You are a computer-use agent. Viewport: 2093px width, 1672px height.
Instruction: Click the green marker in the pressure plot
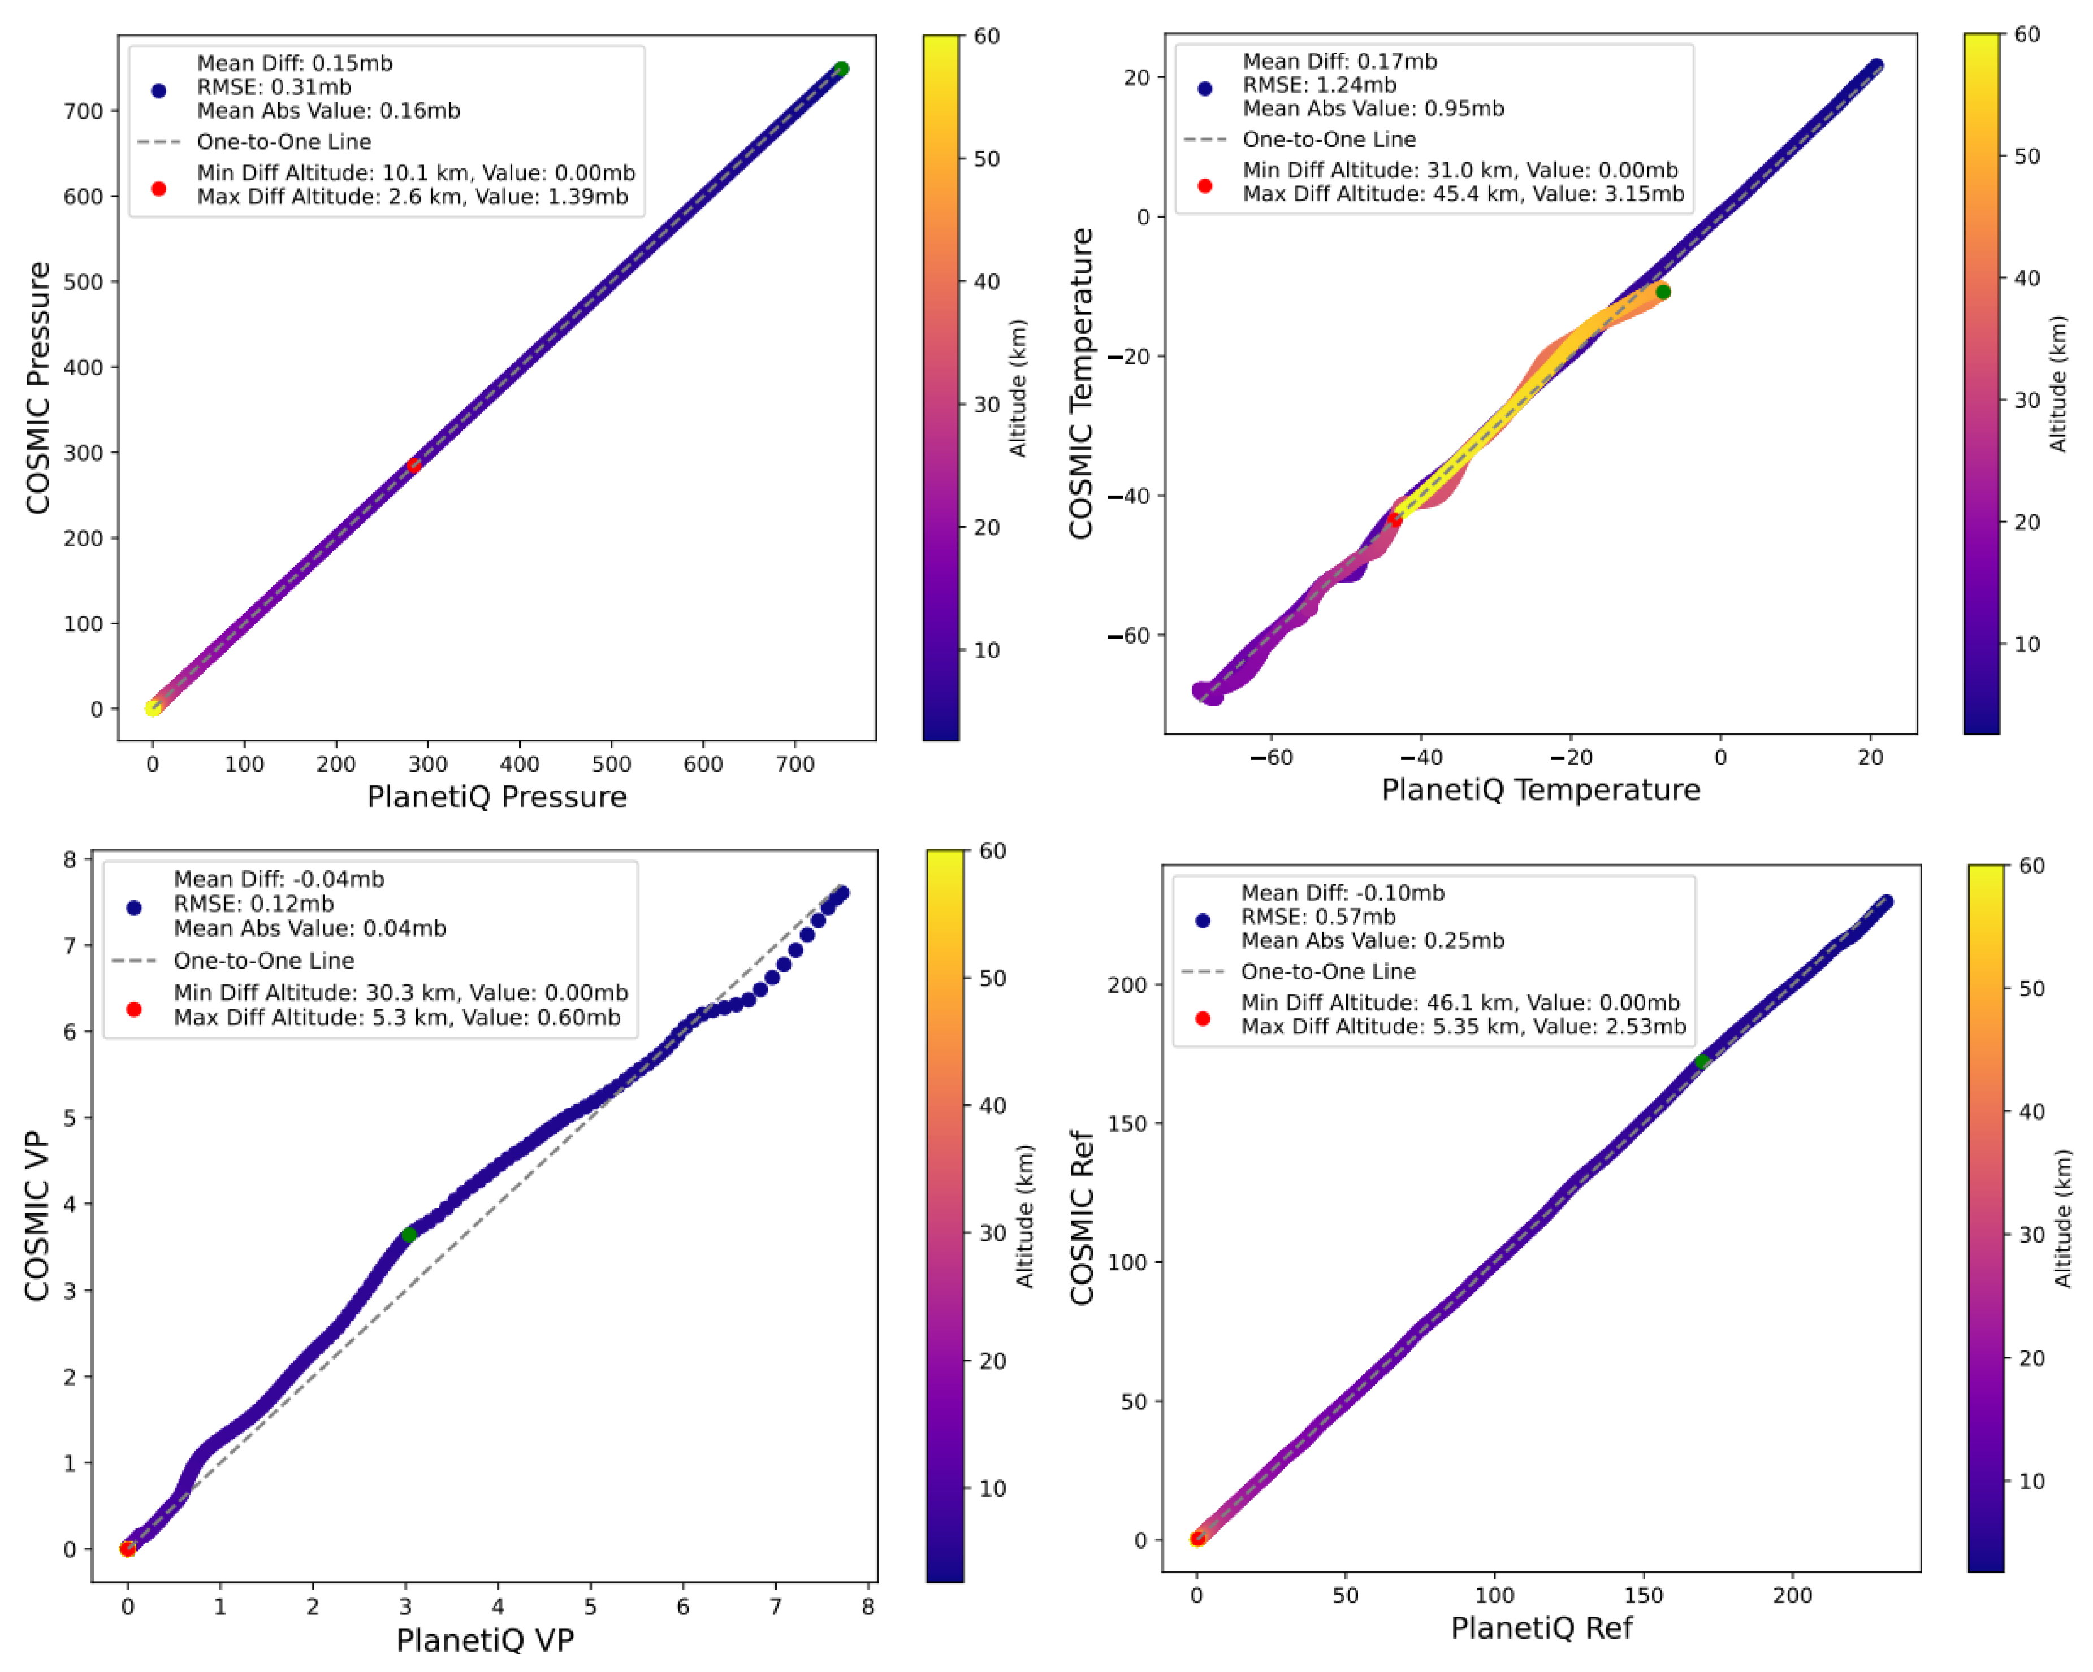(x=842, y=69)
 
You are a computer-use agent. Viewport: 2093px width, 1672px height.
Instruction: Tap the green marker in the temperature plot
(x=1663, y=292)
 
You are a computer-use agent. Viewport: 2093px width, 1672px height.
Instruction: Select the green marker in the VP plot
(x=409, y=1234)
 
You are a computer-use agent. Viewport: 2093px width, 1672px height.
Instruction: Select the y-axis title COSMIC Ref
(x=1082, y=1218)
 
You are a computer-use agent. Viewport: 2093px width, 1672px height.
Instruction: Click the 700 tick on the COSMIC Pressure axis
(x=84, y=111)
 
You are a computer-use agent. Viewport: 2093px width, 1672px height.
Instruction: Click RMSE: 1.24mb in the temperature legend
(x=1318, y=85)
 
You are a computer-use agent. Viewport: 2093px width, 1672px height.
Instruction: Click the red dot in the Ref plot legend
(x=1203, y=1018)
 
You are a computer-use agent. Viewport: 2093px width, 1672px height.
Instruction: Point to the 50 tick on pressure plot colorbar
(x=987, y=159)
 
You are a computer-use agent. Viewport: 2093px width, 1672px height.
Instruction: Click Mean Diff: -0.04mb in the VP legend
(x=279, y=879)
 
